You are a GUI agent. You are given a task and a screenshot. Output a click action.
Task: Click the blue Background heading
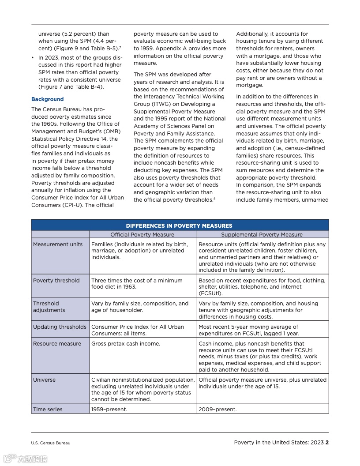coord(47,99)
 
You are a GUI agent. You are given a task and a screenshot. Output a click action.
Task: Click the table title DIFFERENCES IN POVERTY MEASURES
coord(179,225)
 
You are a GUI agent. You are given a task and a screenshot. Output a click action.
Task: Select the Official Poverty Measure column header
coord(142,235)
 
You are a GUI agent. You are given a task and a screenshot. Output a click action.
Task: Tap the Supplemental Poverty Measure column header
coord(262,235)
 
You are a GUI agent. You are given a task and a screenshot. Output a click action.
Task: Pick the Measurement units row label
coord(58,244)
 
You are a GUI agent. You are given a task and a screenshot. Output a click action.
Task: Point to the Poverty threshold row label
coord(56,281)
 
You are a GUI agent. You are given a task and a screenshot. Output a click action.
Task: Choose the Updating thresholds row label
coord(60,327)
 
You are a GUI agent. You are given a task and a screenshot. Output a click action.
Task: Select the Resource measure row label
coord(57,344)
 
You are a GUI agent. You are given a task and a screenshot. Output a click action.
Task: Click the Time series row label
coord(48,410)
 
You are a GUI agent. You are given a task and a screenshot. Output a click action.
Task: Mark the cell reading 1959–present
coord(109,410)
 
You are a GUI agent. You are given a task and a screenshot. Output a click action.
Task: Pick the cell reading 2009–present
coord(217,410)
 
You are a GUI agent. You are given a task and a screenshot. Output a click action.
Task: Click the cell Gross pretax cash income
coord(126,344)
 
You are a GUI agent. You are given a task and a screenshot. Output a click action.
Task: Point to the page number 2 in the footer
coord(327,443)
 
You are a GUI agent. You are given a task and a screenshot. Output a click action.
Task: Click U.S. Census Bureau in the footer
coord(51,443)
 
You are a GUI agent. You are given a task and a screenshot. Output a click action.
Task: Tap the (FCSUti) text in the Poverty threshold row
coord(210,293)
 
